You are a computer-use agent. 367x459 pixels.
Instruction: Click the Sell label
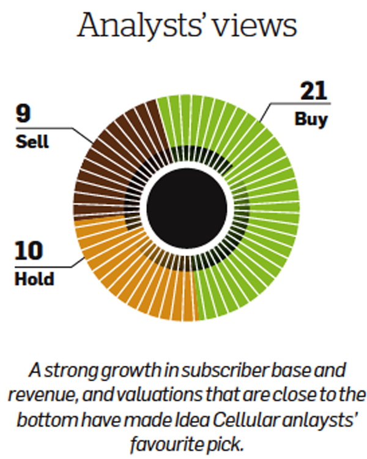pos(32,142)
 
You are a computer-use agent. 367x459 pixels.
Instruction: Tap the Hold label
pos(34,279)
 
